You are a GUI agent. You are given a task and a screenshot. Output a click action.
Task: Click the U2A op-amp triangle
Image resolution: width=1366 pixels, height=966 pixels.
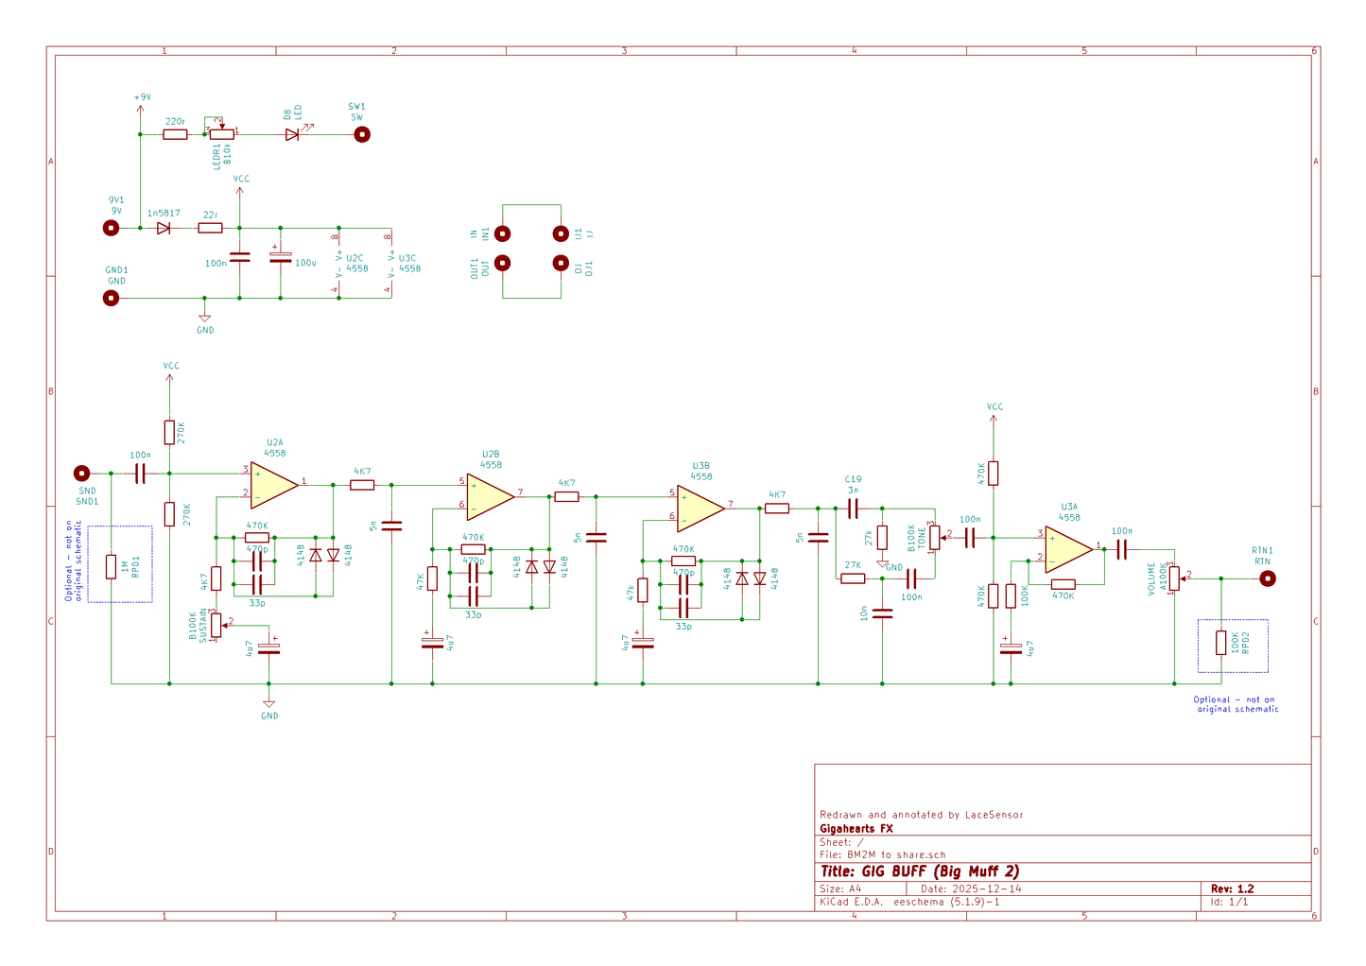click(273, 485)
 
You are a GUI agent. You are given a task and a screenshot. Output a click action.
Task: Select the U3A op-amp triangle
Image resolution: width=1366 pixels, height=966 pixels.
click(1067, 549)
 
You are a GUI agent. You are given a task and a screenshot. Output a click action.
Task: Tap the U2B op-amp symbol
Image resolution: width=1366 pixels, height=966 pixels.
click(489, 496)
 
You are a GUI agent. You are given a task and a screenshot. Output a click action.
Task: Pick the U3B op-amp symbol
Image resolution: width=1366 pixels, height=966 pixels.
click(700, 508)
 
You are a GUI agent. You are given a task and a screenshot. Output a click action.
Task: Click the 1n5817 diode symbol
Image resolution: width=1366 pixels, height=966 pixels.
click(164, 228)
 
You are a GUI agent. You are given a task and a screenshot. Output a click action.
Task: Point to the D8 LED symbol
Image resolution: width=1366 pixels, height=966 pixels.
click(292, 134)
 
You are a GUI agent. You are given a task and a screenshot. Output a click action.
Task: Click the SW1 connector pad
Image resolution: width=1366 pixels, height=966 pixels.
click(361, 134)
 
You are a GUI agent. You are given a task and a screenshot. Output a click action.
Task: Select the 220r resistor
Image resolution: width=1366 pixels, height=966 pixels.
click(175, 134)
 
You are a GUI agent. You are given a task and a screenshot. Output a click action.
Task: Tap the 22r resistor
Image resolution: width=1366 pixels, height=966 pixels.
click(210, 228)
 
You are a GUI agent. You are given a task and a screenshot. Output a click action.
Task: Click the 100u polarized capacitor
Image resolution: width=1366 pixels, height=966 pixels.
click(280, 257)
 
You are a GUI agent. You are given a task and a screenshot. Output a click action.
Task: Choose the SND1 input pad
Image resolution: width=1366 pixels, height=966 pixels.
click(82, 473)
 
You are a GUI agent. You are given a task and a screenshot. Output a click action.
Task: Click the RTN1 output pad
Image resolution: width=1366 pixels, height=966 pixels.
click(1267, 578)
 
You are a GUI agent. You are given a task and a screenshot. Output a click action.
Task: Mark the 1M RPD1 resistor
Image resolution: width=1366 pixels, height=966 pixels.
click(111, 566)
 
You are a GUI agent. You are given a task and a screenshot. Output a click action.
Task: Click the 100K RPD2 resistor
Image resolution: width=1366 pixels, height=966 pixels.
click(1220, 643)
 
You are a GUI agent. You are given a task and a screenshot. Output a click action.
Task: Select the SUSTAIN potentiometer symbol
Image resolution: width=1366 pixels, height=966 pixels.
click(216, 625)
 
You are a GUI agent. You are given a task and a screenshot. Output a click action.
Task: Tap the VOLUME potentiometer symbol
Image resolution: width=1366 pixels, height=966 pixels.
click(1174, 578)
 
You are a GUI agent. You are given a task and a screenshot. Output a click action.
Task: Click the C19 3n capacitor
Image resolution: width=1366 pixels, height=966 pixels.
click(853, 509)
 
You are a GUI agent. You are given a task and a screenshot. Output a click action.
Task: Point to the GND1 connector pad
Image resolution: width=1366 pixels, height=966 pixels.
click(112, 298)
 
